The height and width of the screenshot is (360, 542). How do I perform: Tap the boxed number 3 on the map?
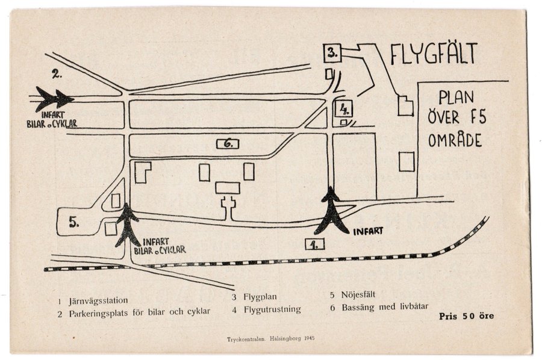tap(332, 54)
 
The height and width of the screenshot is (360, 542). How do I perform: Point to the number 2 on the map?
tap(57, 73)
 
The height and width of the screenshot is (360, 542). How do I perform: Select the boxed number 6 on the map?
tap(228, 144)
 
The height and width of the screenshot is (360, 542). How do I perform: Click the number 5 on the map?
tap(74, 222)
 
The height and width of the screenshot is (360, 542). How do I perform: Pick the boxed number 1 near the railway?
tap(314, 244)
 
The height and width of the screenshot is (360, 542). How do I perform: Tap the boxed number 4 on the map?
tap(344, 109)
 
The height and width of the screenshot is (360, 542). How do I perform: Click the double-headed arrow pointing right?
tap(55, 99)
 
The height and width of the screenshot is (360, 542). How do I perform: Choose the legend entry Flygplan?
tap(260, 297)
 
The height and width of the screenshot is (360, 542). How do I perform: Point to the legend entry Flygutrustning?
tap(272, 309)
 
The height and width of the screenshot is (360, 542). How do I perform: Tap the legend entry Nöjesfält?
tap(358, 295)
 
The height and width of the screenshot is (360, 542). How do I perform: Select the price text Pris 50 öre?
tap(466, 316)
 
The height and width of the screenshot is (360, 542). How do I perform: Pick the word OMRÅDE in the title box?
tap(455, 140)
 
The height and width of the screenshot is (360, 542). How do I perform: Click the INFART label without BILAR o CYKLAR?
tap(368, 231)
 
